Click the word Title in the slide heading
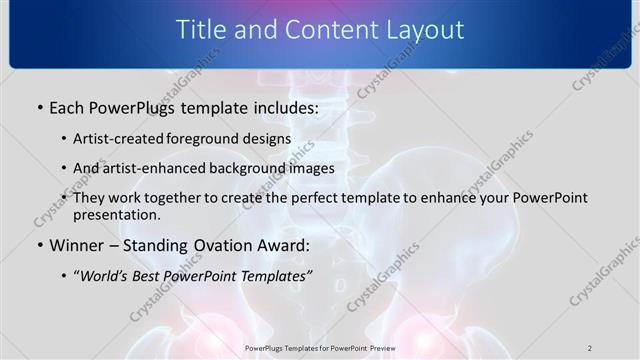pos(201,31)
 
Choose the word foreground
pos(205,138)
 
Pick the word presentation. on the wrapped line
pos(116,215)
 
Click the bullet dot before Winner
pos(39,245)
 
